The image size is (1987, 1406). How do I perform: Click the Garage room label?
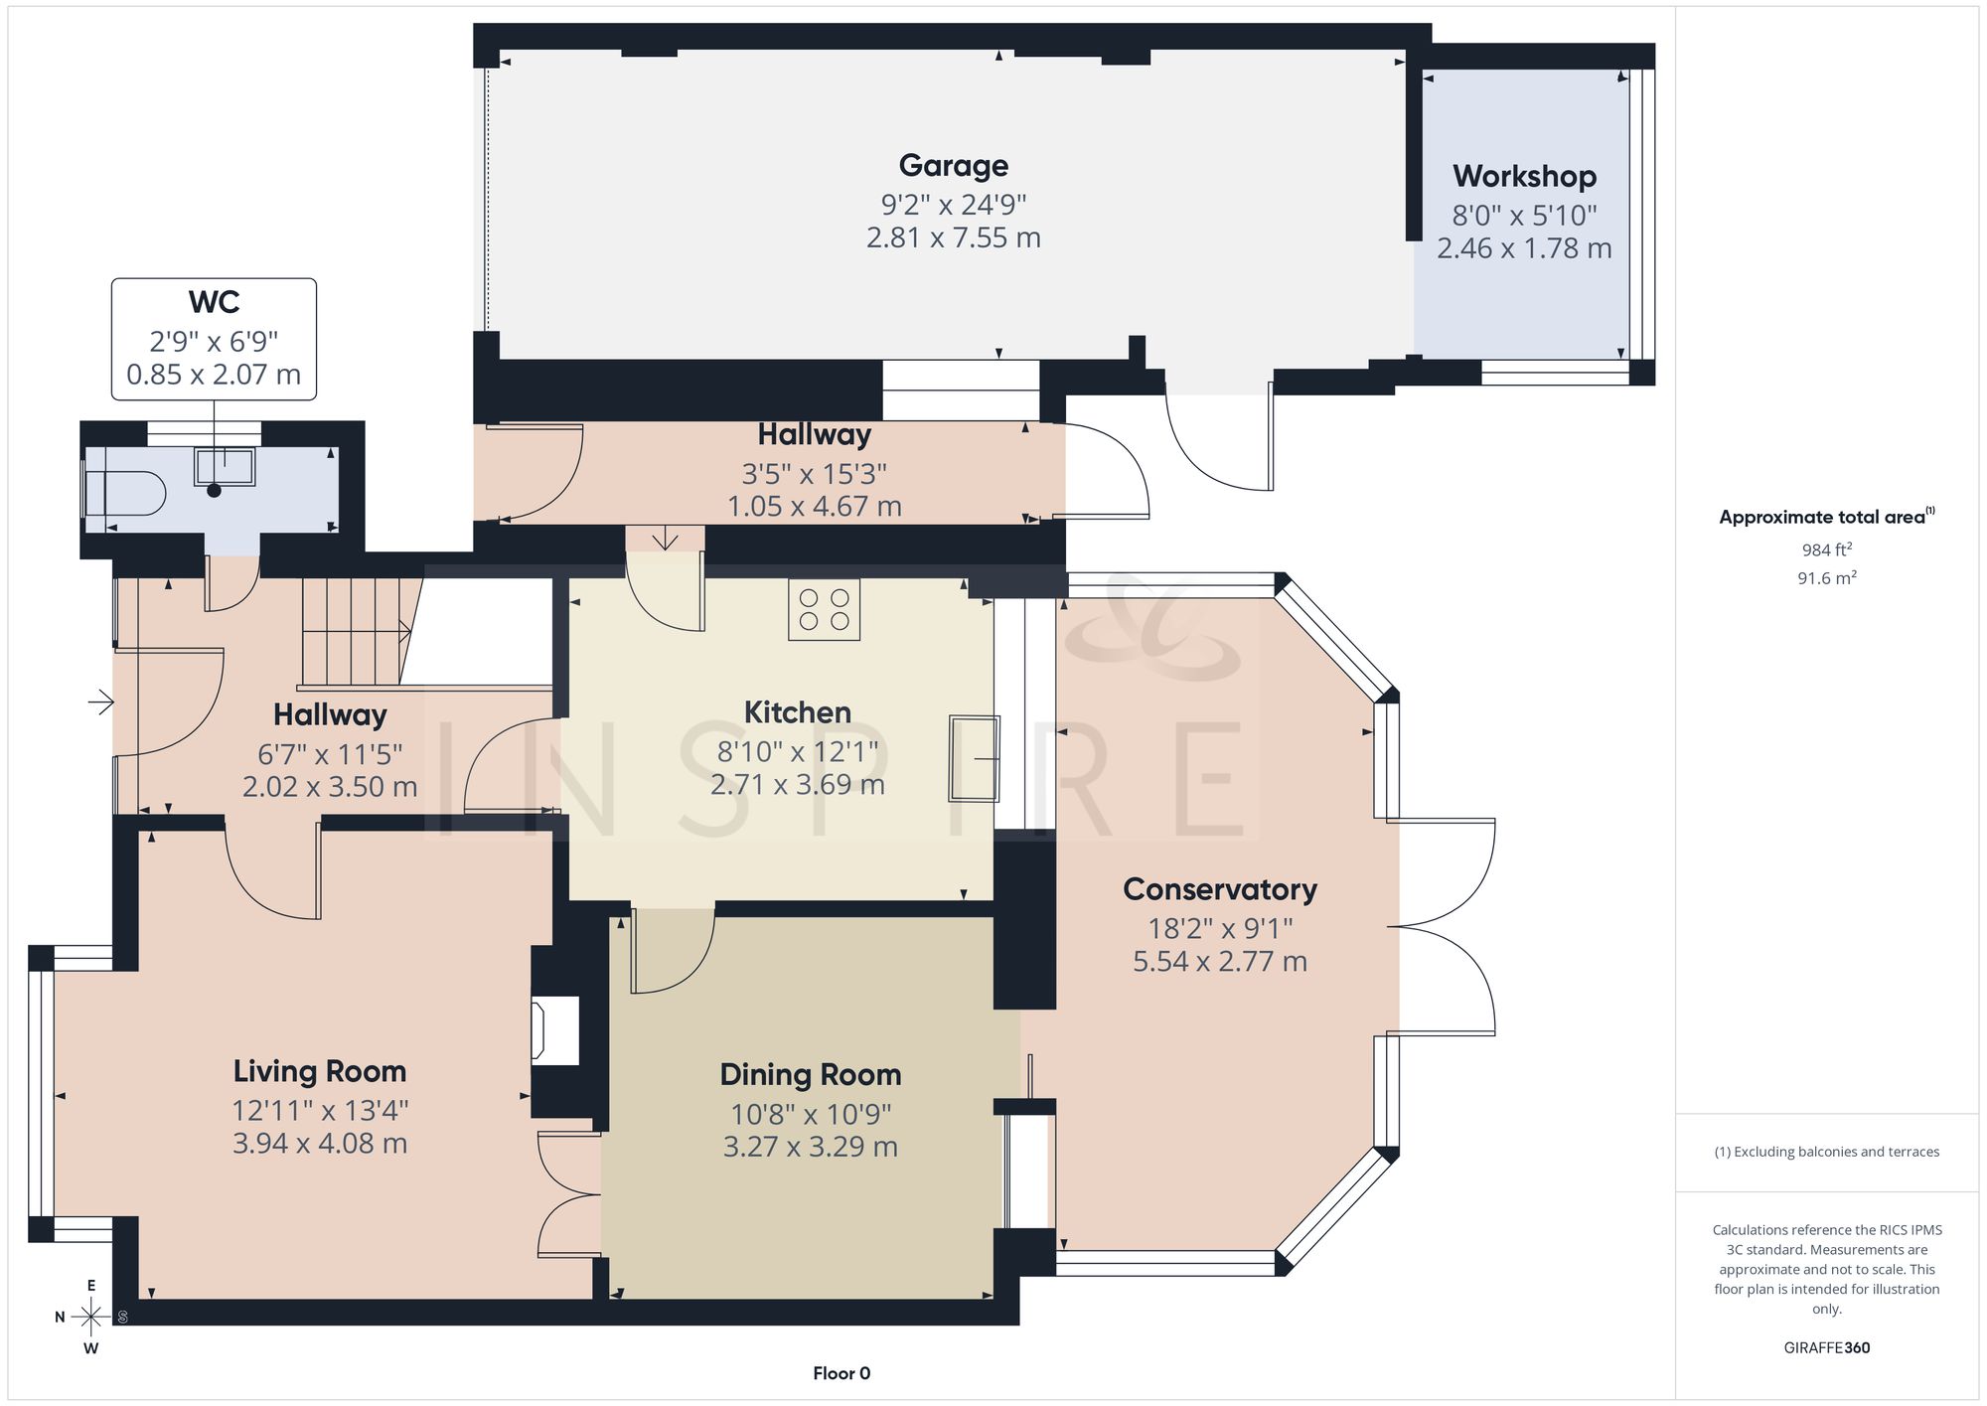954,166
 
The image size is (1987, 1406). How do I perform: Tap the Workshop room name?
1524,177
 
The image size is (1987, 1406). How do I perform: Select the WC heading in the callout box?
214,302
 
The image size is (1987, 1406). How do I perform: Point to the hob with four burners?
825,609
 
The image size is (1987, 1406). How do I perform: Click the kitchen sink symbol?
975,758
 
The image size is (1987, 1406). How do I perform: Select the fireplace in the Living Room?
554,1031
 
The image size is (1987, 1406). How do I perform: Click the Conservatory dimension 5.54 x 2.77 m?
1220,962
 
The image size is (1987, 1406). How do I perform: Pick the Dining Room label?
811,1075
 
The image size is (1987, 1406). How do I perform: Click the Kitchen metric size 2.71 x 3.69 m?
798,785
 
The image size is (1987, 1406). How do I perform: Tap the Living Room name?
320,1071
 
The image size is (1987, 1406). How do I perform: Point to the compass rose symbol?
90,1318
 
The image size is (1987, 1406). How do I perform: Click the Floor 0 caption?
841,1373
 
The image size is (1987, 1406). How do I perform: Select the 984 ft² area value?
1827,549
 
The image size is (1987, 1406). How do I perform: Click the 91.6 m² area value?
1827,577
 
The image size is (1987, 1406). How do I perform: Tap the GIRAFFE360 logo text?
1827,1348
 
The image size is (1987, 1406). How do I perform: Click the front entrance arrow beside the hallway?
101,703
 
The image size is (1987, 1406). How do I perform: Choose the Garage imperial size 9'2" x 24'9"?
954,205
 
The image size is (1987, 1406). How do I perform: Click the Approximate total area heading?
1827,517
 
